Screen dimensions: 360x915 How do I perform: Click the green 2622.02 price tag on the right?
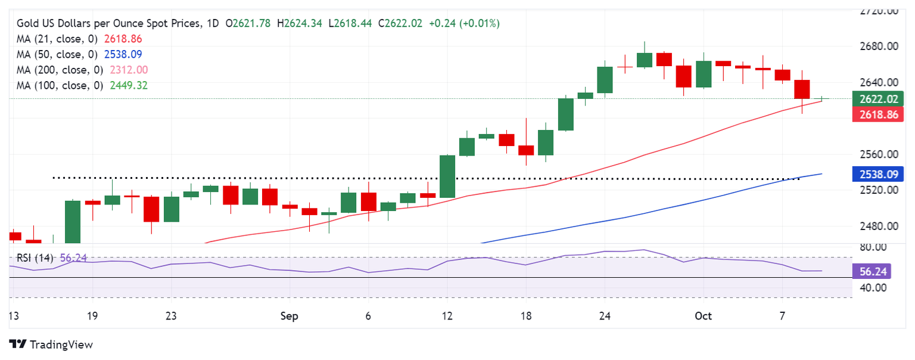pyautogui.click(x=878, y=99)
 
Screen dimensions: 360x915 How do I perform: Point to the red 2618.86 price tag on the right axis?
pyautogui.click(x=878, y=114)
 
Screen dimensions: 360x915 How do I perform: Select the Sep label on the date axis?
pyautogui.click(x=290, y=316)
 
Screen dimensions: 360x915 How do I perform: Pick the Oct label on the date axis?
pyautogui.click(x=703, y=316)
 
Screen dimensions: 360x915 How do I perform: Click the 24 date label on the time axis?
pyautogui.click(x=605, y=316)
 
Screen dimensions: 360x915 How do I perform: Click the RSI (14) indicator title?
pyautogui.click(x=35, y=258)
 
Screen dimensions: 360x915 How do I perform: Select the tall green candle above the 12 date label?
pyautogui.click(x=447, y=176)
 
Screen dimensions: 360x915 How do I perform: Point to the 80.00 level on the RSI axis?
pyautogui.click(x=872, y=247)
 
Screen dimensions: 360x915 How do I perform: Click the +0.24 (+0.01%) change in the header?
pyautogui.click(x=465, y=23)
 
